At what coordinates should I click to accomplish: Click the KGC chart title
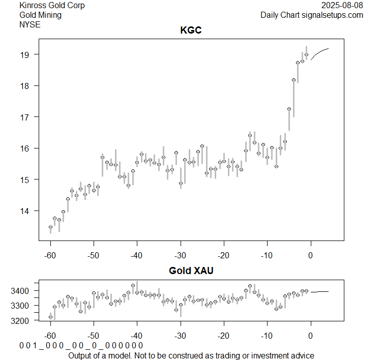[x=191, y=31]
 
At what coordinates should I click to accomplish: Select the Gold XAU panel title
[x=191, y=271]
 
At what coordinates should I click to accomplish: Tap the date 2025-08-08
[x=343, y=6]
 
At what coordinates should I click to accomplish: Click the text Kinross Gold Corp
[x=52, y=6]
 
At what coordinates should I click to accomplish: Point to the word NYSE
[x=30, y=24]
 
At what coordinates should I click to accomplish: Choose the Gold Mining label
[x=40, y=15]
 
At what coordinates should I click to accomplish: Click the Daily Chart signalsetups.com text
[x=312, y=15]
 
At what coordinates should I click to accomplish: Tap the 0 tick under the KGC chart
[x=310, y=255]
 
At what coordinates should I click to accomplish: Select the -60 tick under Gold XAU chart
[x=50, y=336]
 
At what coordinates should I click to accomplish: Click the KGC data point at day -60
[x=50, y=227]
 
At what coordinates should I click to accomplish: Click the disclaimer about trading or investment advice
[x=191, y=355]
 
